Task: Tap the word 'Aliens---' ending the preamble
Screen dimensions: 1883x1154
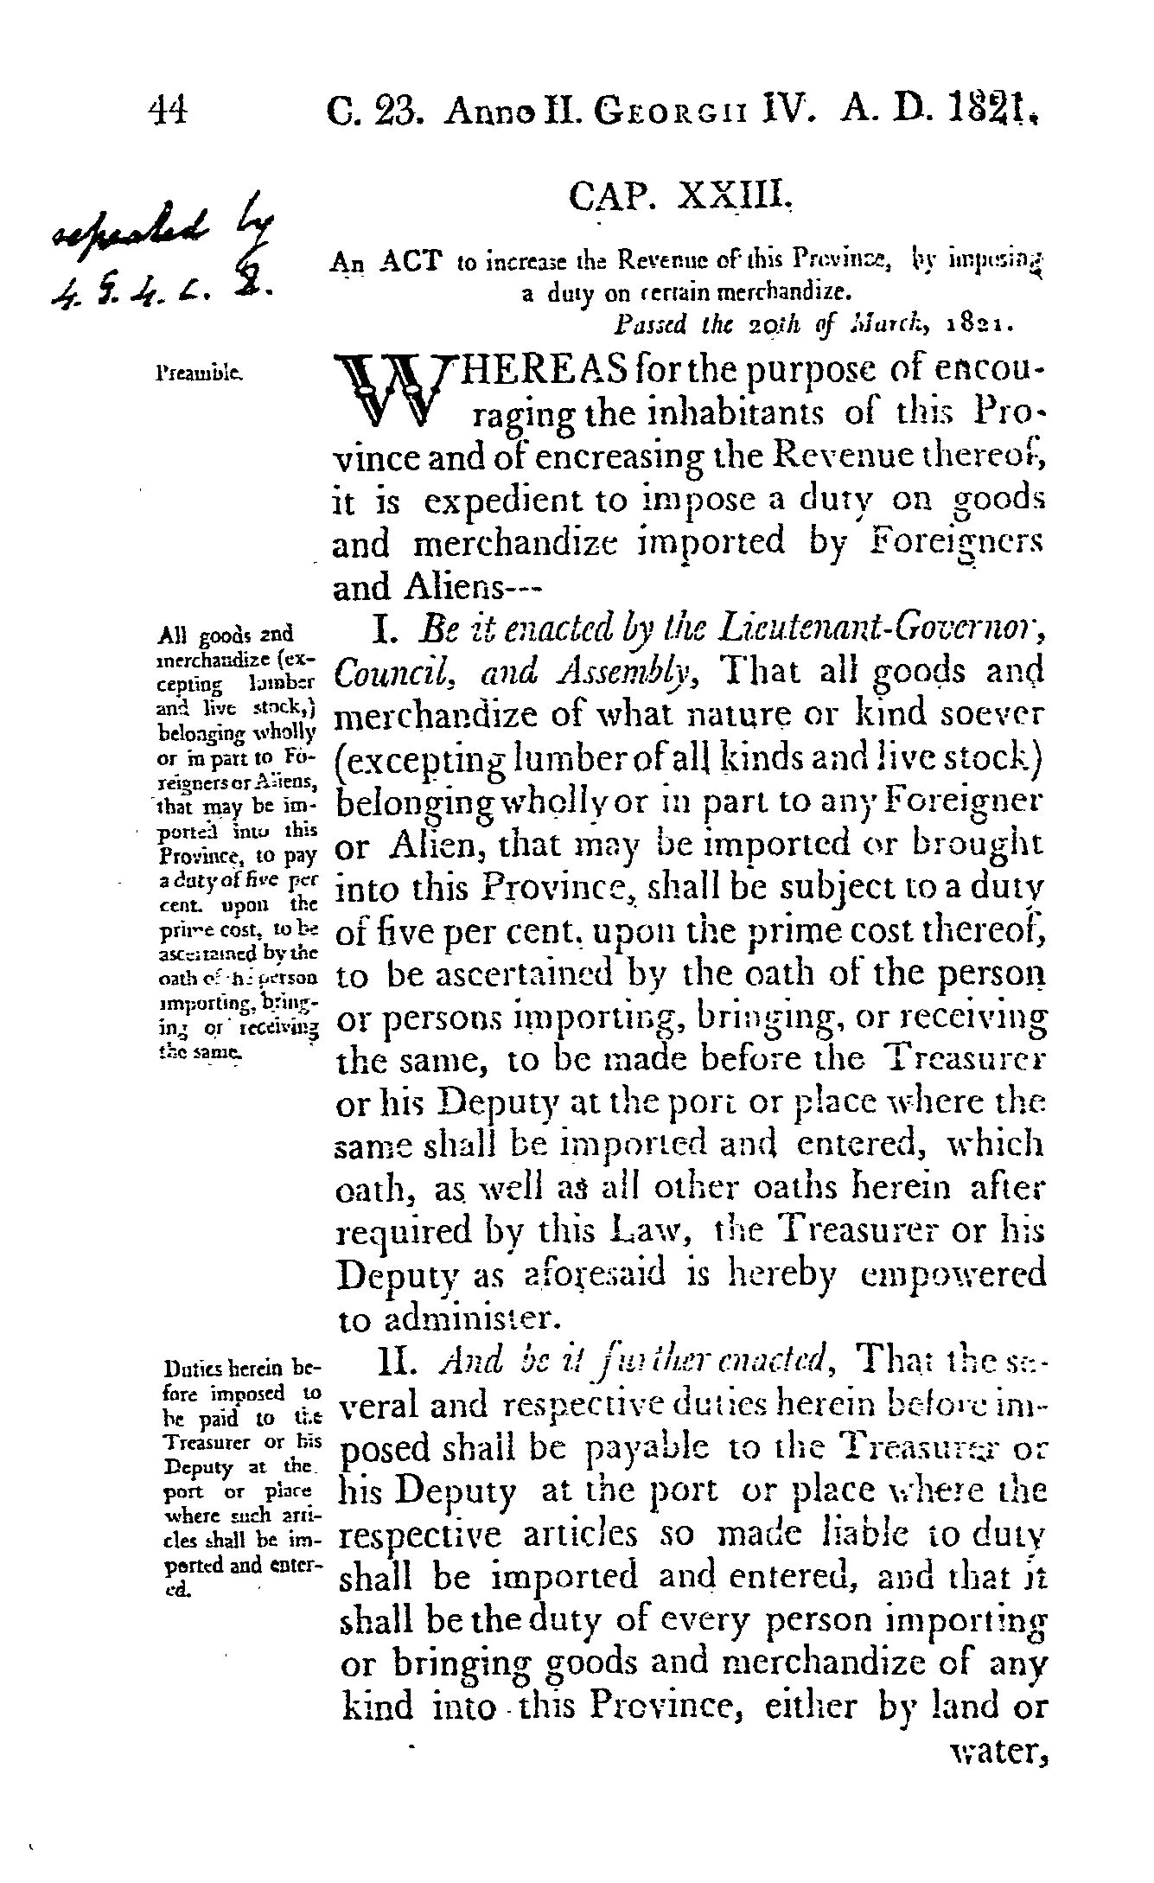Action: pos(437,588)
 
